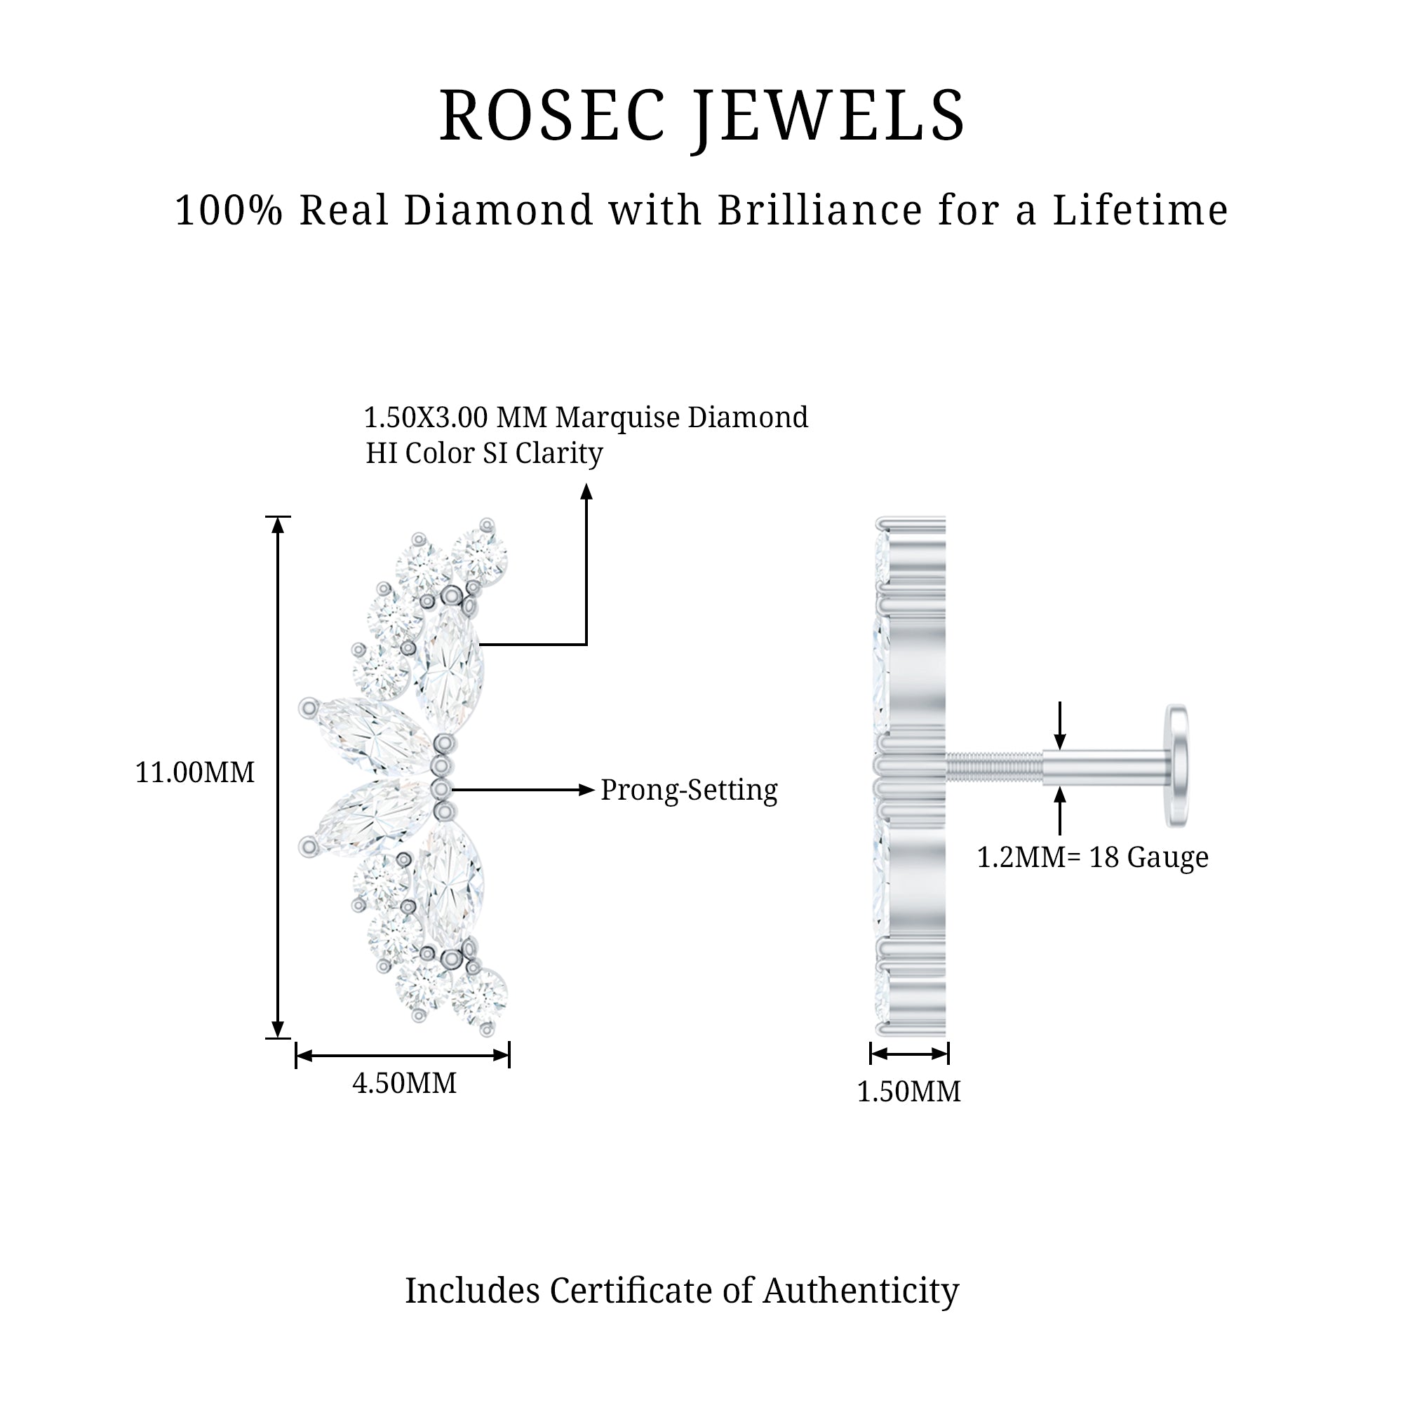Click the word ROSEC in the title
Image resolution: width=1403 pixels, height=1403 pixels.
tap(553, 116)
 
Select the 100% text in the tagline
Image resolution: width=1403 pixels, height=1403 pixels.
tap(229, 210)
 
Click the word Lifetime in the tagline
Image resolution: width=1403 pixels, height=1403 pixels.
tap(1140, 210)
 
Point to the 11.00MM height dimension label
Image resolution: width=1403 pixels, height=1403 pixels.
tap(195, 772)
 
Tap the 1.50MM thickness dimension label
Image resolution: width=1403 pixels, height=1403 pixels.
tap(908, 1092)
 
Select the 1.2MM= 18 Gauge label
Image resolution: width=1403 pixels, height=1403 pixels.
tap(1093, 858)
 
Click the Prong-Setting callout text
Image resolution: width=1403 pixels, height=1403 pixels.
tap(689, 790)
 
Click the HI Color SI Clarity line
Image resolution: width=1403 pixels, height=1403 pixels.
tap(484, 453)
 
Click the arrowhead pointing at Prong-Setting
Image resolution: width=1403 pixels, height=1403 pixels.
tap(586, 790)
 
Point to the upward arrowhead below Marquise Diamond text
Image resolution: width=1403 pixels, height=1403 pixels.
tap(586, 493)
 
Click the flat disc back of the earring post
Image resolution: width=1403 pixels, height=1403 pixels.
tap(1176, 765)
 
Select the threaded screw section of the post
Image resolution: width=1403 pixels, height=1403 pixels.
tap(994, 767)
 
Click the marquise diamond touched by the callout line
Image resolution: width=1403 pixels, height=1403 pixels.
tap(449, 669)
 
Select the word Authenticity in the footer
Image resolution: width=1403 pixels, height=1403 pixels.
tap(861, 1291)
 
